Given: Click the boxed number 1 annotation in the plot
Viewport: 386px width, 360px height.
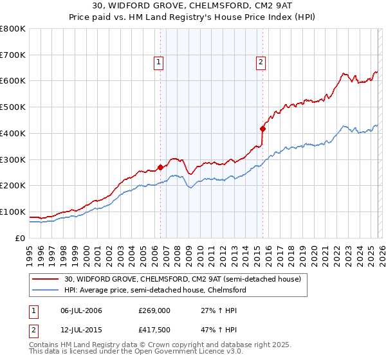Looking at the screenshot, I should (158, 62).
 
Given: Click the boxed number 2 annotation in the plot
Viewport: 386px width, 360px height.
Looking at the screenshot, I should (261, 62).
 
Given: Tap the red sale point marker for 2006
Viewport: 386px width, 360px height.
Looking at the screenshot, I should (160, 167).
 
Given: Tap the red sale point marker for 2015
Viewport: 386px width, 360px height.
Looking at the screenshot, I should (262, 128).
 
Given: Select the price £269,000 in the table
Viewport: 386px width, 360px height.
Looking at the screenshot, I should (154, 310).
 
